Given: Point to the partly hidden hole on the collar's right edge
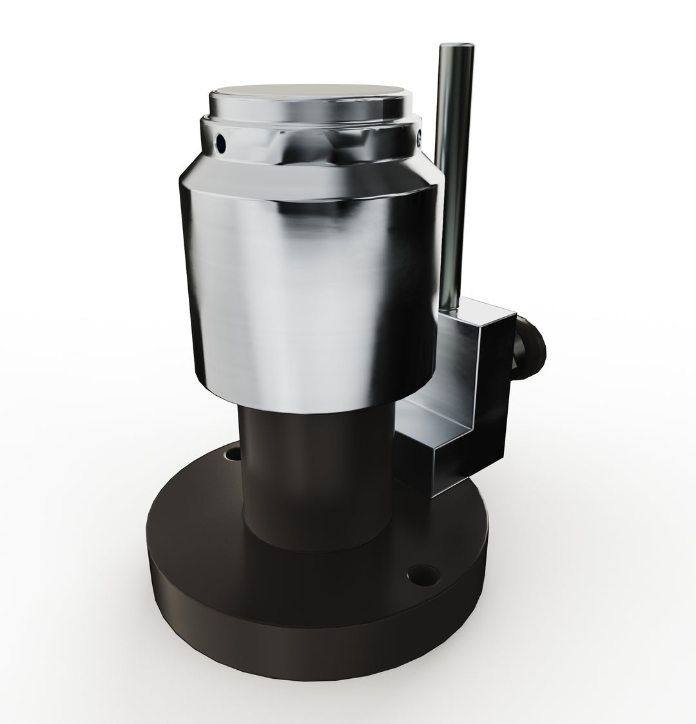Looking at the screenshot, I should click(x=419, y=137).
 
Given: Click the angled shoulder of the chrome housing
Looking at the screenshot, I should click(x=309, y=177).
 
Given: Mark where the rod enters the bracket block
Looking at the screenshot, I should click(x=450, y=308).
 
